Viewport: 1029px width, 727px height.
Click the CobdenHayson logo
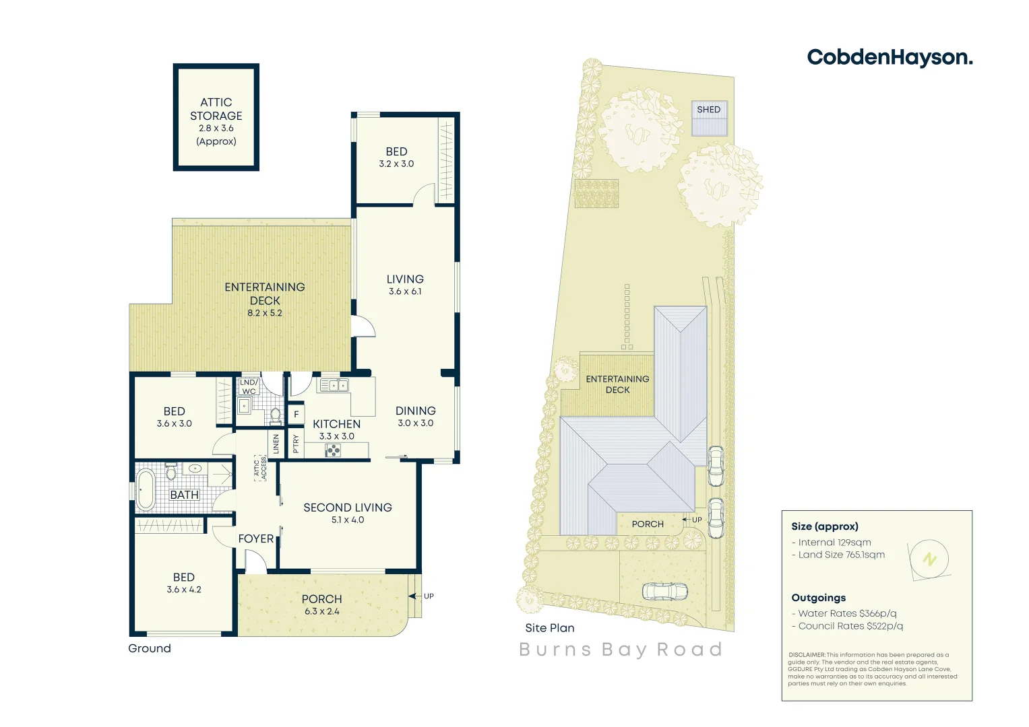pyautogui.click(x=890, y=58)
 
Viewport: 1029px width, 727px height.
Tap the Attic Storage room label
pyautogui.click(x=216, y=109)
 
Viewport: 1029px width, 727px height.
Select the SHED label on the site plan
pyautogui.click(x=708, y=110)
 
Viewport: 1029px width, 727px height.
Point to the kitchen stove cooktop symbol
pyautogui.click(x=333, y=450)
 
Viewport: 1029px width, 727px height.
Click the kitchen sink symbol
pyautogui.click(x=334, y=385)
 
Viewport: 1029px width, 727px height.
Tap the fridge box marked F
pyautogui.click(x=296, y=415)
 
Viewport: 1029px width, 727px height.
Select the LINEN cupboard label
pyautogui.click(x=276, y=444)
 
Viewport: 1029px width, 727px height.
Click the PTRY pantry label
pyautogui.click(x=296, y=444)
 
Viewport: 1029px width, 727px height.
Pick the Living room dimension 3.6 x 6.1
pyautogui.click(x=404, y=291)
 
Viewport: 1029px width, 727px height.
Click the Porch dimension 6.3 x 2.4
pyautogui.click(x=321, y=611)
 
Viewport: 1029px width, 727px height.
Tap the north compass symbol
pyautogui.click(x=929, y=559)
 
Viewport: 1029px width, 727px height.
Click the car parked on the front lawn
pyautogui.click(x=664, y=591)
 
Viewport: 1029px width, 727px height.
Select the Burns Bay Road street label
pyautogui.click(x=621, y=650)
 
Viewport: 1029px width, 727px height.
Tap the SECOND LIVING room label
pyautogui.click(x=347, y=508)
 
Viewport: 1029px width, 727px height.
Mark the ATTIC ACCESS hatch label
pyautogui.click(x=259, y=467)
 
